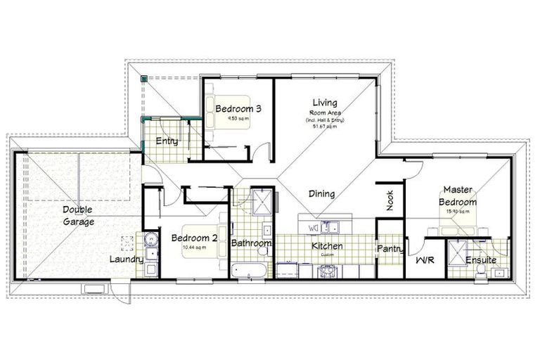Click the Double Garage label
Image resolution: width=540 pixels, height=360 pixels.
coord(77,216)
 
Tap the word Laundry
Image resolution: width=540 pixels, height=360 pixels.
coord(127,259)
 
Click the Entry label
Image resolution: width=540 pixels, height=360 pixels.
coord(167,141)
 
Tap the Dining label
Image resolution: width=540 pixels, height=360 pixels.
coord(321,194)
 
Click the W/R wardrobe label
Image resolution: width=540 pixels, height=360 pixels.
coord(425,260)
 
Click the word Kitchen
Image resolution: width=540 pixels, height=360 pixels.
coord(327,246)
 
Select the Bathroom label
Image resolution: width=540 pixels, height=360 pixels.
coord(251,243)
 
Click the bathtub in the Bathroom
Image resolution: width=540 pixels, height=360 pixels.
coord(250,271)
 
